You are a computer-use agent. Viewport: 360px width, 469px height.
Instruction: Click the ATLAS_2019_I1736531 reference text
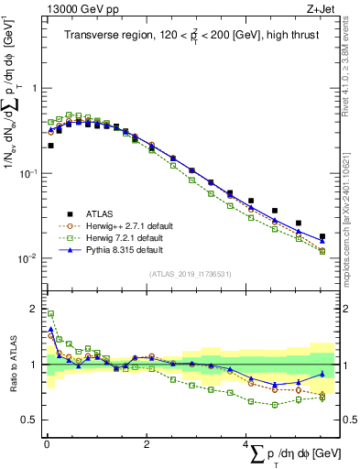point(188,274)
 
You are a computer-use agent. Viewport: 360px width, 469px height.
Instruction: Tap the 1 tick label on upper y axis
point(35,89)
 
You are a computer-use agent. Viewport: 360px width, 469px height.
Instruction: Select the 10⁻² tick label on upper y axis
point(29,258)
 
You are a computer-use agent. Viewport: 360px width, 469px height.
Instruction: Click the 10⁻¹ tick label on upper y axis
point(29,173)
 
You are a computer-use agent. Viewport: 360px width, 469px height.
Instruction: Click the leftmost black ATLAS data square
point(50,146)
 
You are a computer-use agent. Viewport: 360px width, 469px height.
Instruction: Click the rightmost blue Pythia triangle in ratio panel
point(322,374)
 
